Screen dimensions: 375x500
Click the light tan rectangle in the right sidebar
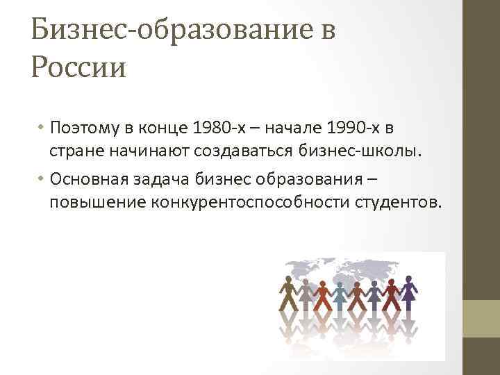(x=481, y=319)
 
